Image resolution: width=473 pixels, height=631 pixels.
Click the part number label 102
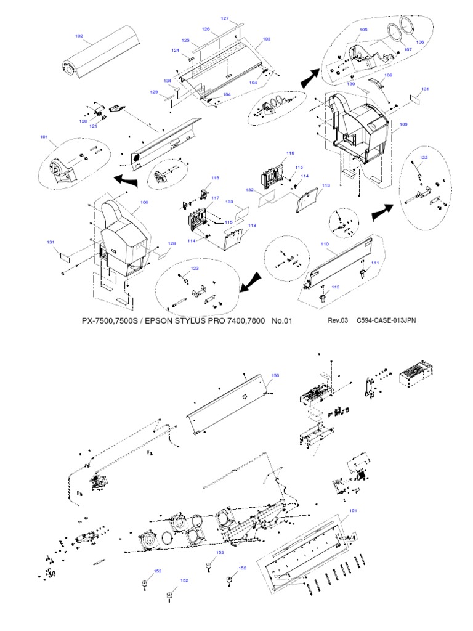(79, 36)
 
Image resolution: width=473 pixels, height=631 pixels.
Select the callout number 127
(225, 18)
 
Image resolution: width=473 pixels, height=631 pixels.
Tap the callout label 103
(266, 39)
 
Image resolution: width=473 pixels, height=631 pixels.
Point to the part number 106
(419, 42)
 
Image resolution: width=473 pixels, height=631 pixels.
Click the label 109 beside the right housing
(403, 124)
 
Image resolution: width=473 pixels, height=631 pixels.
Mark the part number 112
(335, 287)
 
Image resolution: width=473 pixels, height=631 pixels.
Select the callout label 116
(290, 152)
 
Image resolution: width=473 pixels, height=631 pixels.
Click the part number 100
(144, 203)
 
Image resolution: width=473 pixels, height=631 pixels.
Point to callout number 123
(195, 269)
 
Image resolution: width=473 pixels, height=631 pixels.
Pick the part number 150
(275, 375)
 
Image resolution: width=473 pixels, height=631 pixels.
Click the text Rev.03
(338, 320)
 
